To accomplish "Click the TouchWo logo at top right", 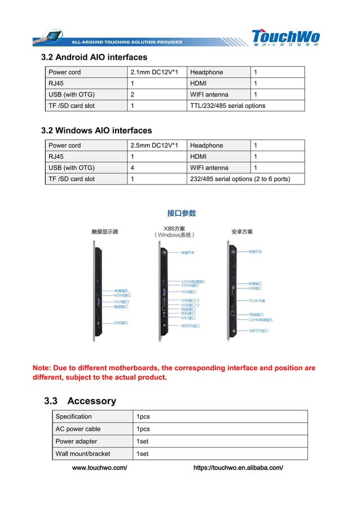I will tap(285, 37).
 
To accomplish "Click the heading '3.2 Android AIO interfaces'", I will tap(94, 58).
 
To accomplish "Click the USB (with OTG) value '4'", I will tap(132, 168).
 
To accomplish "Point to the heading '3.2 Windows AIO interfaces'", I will tap(96, 131).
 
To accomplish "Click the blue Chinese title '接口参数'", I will tap(181, 213).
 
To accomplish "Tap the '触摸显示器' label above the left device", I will tap(105, 232).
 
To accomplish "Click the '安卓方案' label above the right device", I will tap(242, 232).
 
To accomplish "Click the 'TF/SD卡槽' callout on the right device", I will tap(257, 301).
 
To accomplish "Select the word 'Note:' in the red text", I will tap(43, 368).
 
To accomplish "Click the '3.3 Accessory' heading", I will tap(80, 401).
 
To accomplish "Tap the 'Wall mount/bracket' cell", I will tap(83, 454).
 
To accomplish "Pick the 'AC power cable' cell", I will tap(78, 429).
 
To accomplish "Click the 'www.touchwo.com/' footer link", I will tap(100, 468).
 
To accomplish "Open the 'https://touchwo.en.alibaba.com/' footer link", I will tap(238, 468).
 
